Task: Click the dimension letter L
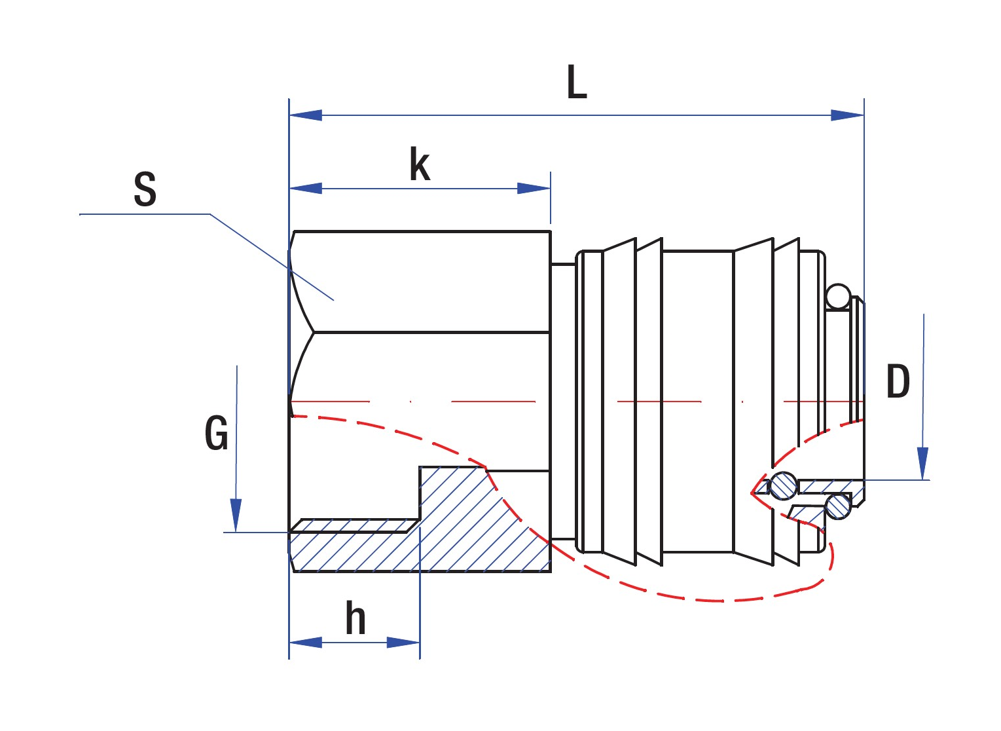point(577,83)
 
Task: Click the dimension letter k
point(420,164)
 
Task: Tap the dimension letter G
point(216,433)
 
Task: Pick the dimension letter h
point(355,618)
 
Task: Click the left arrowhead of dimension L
point(305,115)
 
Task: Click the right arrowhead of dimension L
point(848,115)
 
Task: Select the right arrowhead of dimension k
point(534,189)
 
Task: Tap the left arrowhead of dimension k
point(305,189)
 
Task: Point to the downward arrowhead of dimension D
point(923,464)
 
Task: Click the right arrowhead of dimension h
point(403,642)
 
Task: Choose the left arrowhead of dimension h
point(305,642)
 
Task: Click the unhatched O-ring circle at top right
point(838,297)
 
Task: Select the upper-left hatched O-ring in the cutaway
point(783,485)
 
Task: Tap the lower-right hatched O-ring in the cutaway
point(838,506)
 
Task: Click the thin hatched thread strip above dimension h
point(354,525)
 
